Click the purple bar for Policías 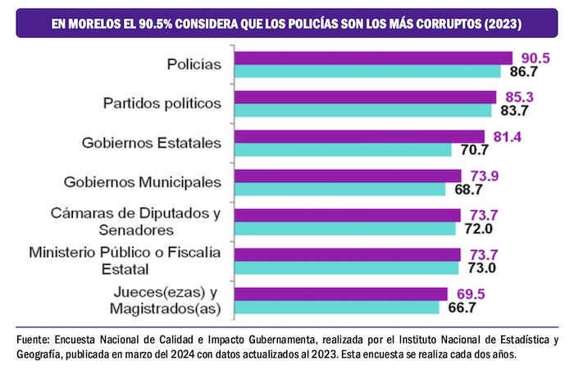(373, 57)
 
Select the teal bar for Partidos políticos (362, 111)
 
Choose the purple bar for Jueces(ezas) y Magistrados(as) (341, 294)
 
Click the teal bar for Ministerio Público (347, 267)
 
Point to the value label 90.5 (535, 57)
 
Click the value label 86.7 (524, 72)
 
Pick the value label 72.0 (479, 229)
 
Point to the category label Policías (194, 64)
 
